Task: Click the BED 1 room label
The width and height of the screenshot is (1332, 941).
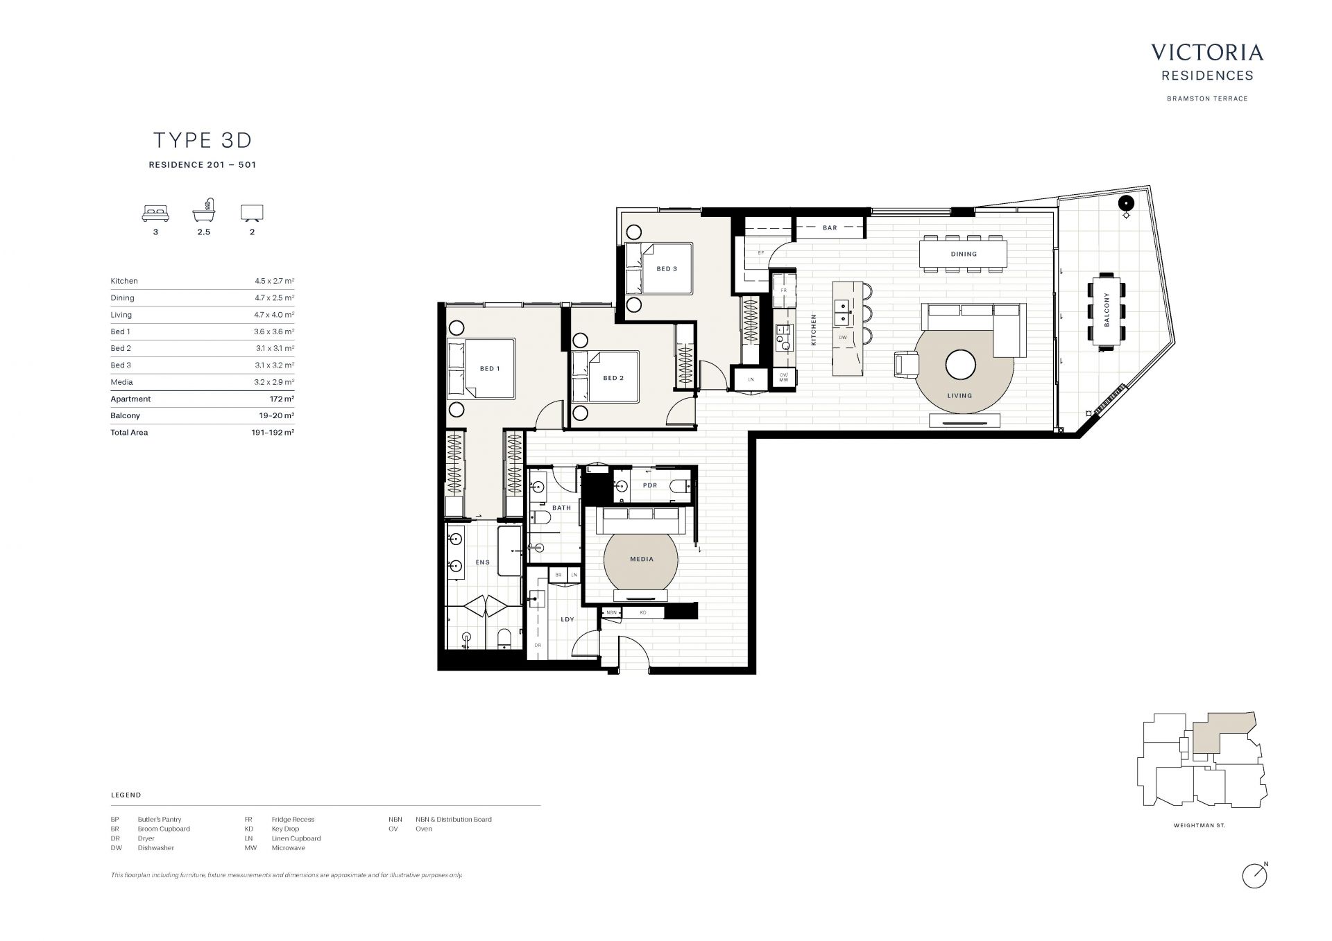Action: pos(490,369)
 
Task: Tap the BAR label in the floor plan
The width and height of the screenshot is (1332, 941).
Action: pos(830,228)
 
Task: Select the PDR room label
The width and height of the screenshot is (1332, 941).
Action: pos(650,485)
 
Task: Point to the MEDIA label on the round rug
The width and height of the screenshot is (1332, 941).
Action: pos(642,559)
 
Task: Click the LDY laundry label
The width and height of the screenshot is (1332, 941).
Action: pos(567,619)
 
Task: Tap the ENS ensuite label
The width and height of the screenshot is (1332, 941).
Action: pos(483,562)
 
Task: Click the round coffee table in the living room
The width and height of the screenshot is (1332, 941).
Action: pos(960,365)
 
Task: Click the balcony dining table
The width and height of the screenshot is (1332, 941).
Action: pos(1107,310)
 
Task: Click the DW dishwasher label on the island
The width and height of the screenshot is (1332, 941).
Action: pos(843,338)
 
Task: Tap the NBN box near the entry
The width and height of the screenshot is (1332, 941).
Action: pos(611,612)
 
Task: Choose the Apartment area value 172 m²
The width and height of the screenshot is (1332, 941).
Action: pos(282,399)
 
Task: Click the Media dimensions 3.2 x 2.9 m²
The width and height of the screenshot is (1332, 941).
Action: pos(274,382)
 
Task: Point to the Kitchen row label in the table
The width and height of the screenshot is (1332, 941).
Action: pos(124,282)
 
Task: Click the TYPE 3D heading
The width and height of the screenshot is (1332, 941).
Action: pos(203,140)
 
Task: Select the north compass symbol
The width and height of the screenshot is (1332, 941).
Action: pos(1256,876)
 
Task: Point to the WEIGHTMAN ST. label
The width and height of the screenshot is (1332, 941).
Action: pos(1199,826)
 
